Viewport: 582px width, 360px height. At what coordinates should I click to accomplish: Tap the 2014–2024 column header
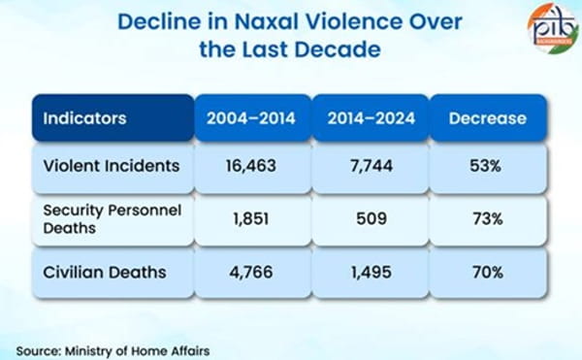point(371,119)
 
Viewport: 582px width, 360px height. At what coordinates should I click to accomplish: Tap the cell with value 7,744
point(371,166)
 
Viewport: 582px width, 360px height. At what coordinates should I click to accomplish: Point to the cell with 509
point(371,218)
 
